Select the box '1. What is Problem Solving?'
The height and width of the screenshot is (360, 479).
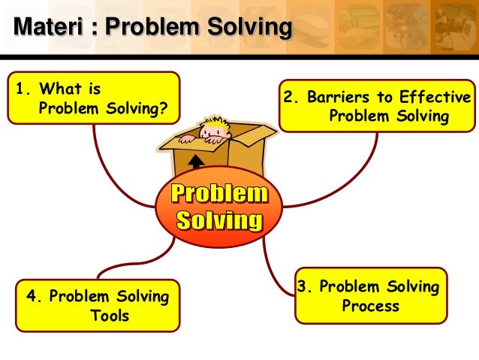tap(93, 98)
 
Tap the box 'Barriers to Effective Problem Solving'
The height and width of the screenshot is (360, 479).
tap(377, 106)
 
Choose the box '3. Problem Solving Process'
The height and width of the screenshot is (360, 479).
tap(371, 296)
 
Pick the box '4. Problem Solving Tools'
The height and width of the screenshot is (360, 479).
tap(98, 305)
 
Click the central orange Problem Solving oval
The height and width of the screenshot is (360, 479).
tap(218, 207)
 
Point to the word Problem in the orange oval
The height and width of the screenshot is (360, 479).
tap(218, 194)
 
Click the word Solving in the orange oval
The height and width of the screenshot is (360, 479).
tap(218, 220)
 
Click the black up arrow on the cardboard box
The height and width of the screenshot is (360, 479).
tap(196, 162)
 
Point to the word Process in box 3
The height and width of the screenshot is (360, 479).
tap(370, 306)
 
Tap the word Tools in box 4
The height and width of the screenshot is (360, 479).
tap(110, 316)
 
